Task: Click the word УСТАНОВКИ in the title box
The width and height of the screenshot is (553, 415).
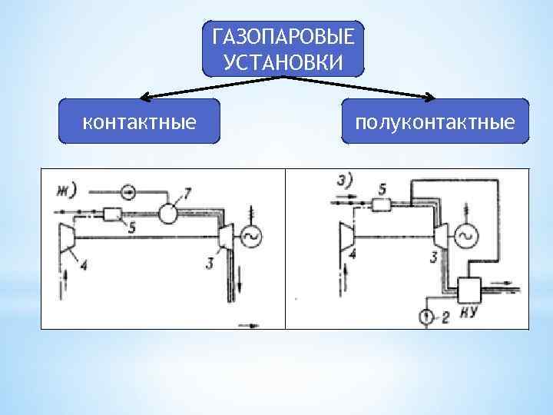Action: coord(283,61)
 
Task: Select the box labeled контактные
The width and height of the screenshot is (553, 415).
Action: coord(139,121)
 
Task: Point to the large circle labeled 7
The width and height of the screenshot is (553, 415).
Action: coord(167,213)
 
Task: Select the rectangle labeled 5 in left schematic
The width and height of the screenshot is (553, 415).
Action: coord(113,214)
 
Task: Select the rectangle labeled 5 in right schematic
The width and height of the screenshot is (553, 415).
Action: coord(382,204)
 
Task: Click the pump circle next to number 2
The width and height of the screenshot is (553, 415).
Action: coord(426,316)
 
